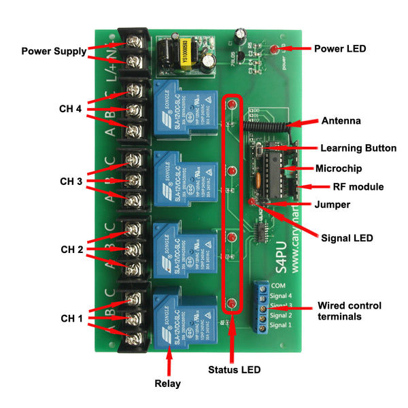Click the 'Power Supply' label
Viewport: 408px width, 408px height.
click(54, 50)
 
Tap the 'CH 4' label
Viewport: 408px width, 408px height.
click(71, 108)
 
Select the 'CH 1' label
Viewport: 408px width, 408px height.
click(71, 318)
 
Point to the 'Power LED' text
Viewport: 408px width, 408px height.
click(339, 49)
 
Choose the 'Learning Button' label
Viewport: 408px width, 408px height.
click(358, 148)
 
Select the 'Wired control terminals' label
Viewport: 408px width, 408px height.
click(350, 311)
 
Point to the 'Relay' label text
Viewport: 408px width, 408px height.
click(167, 384)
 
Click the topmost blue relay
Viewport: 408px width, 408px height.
click(182, 107)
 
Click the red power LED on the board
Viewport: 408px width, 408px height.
click(273, 50)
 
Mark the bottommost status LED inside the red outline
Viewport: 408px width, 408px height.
click(233, 303)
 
